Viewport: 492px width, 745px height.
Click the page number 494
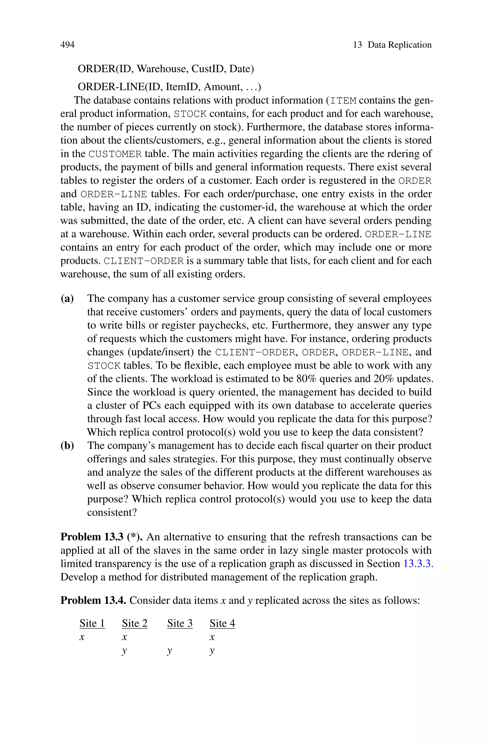(68, 45)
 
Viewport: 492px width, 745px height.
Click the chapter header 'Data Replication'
(400, 45)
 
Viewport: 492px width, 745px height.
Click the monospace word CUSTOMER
(115, 154)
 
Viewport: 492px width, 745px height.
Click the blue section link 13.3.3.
(418, 564)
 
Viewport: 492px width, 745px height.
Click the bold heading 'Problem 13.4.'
(93, 601)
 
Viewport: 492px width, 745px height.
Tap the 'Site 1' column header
(92, 623)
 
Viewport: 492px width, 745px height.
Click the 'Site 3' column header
(180, 623)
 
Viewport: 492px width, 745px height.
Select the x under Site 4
(212, 637)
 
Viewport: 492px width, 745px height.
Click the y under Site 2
(125, 651)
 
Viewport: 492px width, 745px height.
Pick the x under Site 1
(82, 637)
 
